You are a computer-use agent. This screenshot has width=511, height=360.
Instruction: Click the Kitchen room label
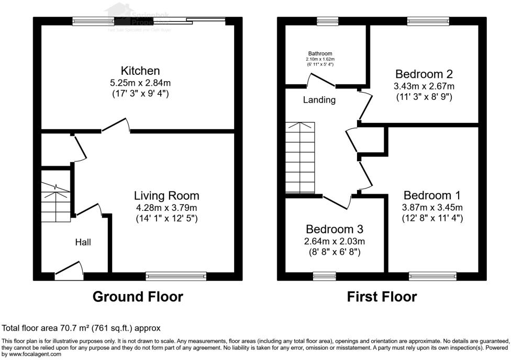(x=140, y=71)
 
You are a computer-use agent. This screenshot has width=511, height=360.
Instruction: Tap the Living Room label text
(x=166, y=196)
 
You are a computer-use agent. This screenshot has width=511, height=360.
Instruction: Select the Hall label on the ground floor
(x=83, y=242)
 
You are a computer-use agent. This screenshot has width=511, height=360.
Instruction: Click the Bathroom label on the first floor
(x=320, y=54)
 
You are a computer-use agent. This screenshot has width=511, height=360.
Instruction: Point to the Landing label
(x=319, y=99)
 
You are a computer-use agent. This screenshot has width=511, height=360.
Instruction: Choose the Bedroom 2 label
(x=424, y=74)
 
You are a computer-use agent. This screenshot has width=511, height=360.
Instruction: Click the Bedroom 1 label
(x=432, y=195)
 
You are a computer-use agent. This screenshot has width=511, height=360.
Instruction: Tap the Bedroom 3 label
(x=335, y=229)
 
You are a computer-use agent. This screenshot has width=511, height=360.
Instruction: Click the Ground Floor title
(x=138, y=297)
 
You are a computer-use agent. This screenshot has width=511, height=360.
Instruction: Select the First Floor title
(x=382, y=297)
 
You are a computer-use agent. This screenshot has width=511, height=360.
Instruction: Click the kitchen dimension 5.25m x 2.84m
(x=140, y=83)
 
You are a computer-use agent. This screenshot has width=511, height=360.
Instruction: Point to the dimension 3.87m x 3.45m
(x=432, y=207)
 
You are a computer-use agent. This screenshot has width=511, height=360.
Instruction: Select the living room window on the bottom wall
(x=176, y=275)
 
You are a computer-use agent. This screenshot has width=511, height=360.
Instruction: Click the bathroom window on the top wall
(x=325, y=21)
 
